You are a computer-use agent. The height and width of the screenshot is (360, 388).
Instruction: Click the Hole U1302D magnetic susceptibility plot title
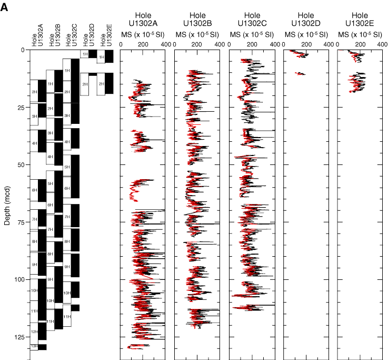click(x=306, y=20)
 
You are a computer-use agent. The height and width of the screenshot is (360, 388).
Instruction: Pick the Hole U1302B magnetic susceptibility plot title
click(x=197, y=20)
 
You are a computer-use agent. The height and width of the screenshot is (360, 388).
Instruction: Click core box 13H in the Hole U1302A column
click(x=34, y=346)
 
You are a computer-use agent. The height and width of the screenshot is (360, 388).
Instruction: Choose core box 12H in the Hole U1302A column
click(x=34, y=332)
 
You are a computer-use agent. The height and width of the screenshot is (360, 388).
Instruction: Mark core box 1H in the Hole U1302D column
click(x=84, y=54)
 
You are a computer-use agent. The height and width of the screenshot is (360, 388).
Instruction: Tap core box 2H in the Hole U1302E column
click(x=101, y=84)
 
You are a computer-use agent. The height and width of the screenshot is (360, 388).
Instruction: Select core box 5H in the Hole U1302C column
click(x=67, y=167)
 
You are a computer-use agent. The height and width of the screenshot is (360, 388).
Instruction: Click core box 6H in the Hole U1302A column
click(x=34, y=190)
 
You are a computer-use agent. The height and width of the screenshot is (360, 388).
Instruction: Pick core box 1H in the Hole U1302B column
click(x=50, y=84)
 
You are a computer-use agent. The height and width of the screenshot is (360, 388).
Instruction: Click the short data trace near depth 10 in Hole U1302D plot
click(x=300, y=74)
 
